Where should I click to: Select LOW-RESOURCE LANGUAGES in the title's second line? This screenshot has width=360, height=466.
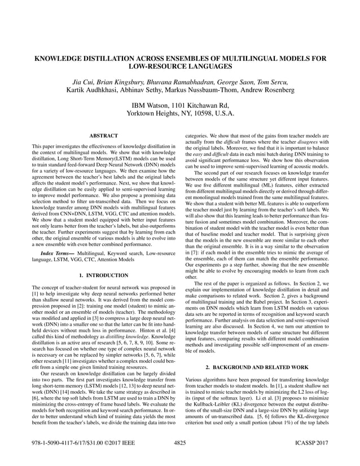179,67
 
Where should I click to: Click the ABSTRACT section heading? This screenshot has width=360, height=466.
103,136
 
